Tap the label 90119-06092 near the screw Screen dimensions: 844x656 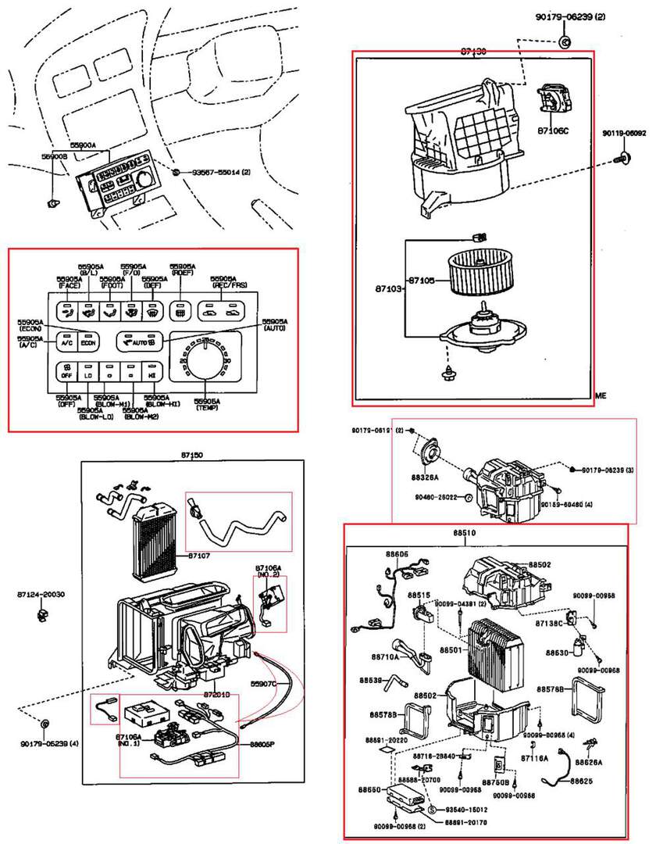click(624, 134)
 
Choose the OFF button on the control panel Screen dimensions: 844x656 click(66, 374)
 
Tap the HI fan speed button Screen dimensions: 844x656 click(153, 374)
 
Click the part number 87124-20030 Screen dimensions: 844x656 click(41, 595)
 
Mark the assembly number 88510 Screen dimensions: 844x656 click(464, 533)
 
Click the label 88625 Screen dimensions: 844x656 click(581, 781)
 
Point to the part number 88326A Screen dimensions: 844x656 click(426, 476)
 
